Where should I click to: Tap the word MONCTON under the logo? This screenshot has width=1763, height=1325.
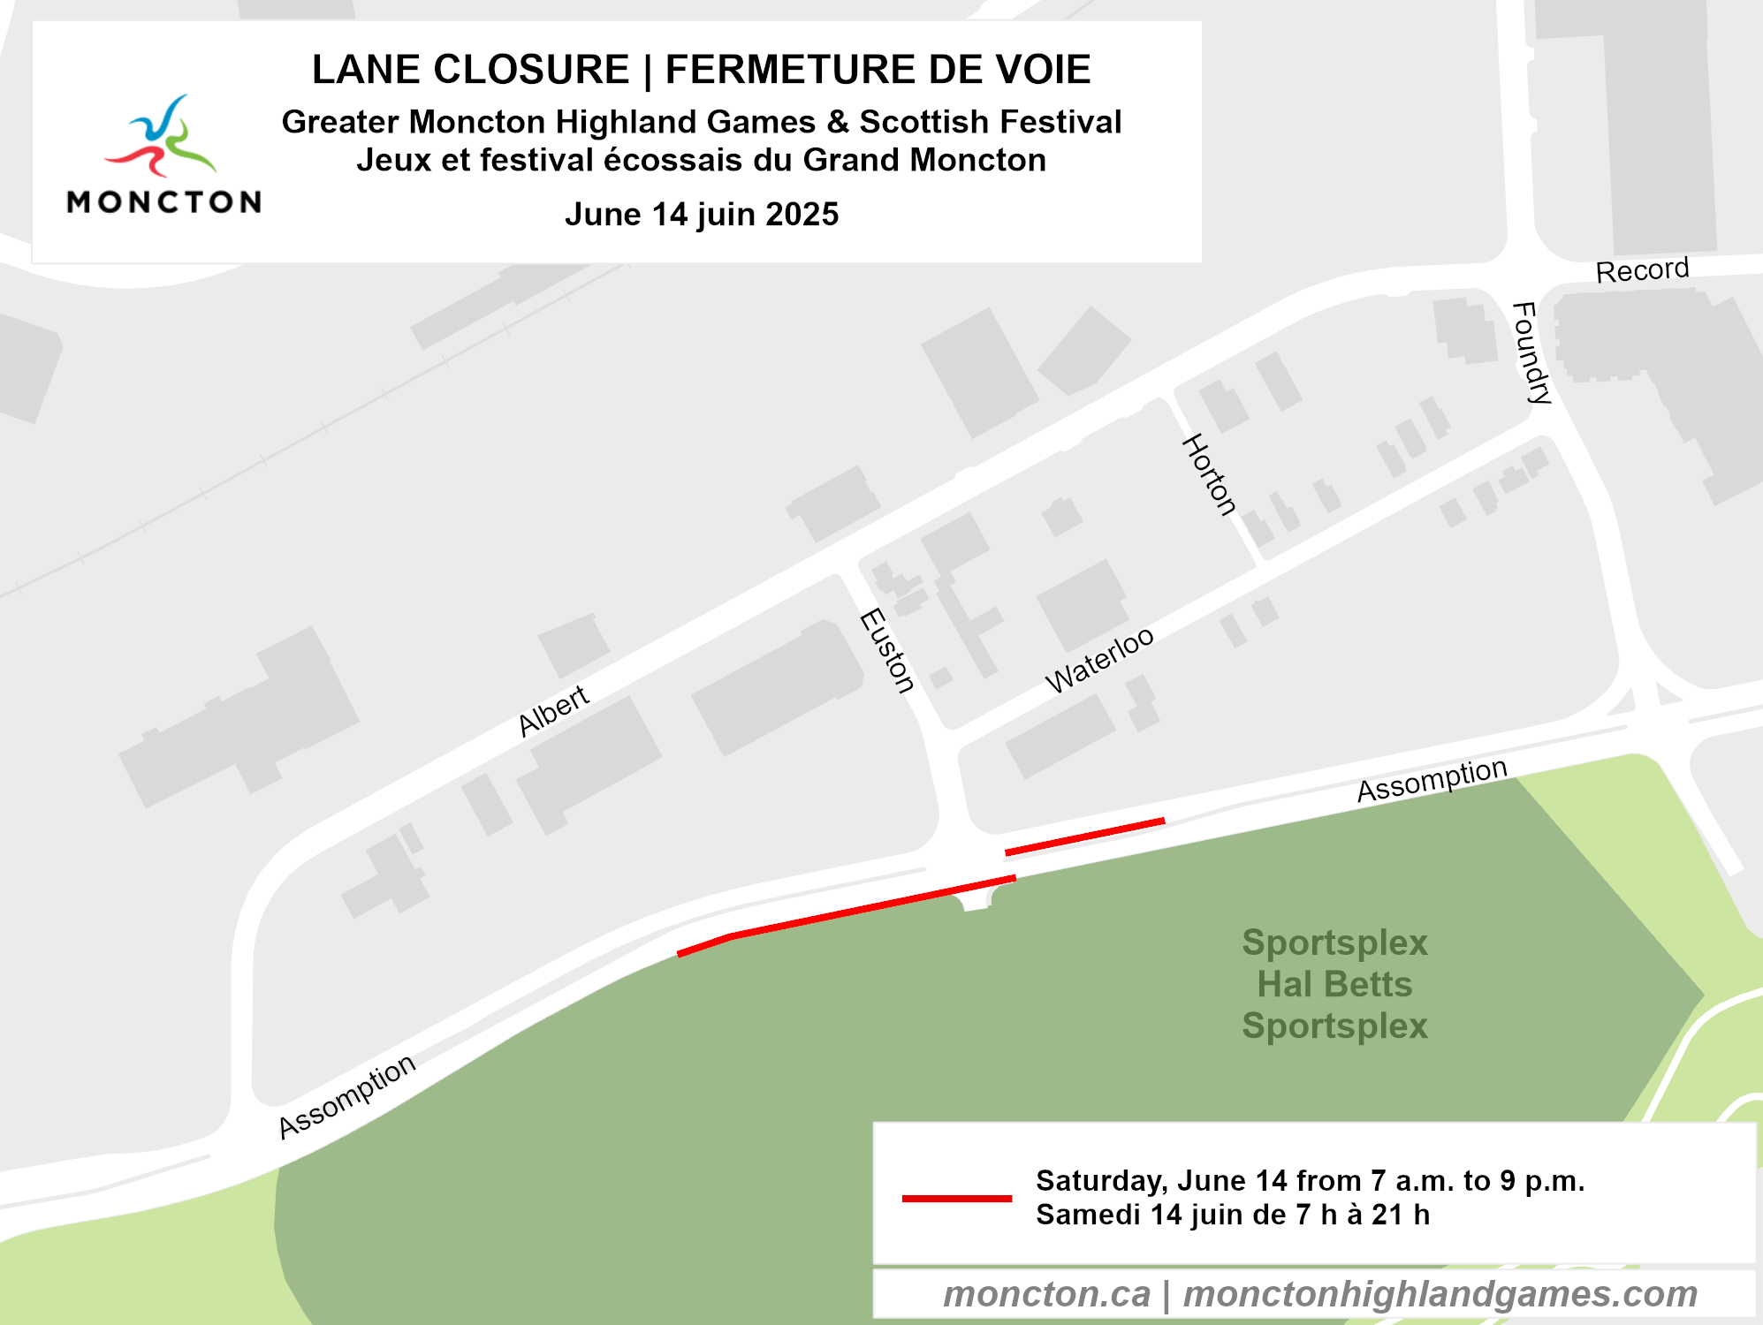click(x=164, y=202)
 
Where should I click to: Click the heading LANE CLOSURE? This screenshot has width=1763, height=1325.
click(x=470, y=70)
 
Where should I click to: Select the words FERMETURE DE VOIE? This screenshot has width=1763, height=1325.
click(x=878, y=70)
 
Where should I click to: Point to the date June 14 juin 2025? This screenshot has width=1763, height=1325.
click(x=702, y=215)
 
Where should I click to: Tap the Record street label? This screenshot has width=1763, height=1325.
click(x=1642, y=269)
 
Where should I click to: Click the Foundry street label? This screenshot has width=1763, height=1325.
click(x=1531, y=352)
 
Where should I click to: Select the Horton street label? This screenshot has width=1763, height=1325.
click(x=1209, y=474)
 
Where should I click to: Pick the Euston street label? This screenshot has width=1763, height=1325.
click(x=887, y=650)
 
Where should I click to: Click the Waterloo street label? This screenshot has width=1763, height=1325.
click(x=1099, y=660)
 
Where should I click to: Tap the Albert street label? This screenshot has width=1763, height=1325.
click(x=554, y=710)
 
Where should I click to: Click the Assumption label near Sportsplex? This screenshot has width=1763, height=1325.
click(x=1432, y=780)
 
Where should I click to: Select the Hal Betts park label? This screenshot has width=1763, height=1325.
click(x=1334, y=984)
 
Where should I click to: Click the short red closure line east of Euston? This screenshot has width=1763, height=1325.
click(x=1084, y=837)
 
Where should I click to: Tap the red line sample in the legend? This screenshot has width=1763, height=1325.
click(x=956, y=1199)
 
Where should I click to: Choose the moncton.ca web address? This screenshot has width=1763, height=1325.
click(x=1046, y=1294)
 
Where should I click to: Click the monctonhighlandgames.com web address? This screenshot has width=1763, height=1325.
click(x=1440, y=1294)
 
